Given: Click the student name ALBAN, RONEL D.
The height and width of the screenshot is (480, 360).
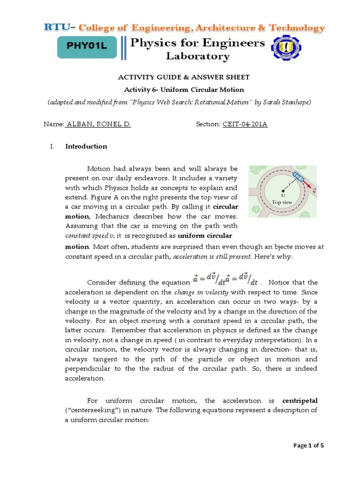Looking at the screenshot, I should pyautogui.click(x=98, y=124).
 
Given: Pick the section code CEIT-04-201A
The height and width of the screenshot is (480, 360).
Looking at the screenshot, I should pyautogui.click(x=244, y=124).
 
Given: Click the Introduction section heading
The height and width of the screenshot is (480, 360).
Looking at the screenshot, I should pyautogui.click(x=86, y=146).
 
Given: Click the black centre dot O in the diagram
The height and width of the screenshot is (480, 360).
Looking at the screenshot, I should pyautogui.click(x=283, y=191).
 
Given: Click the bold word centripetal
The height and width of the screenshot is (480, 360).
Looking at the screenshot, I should pyautogui.click(x=300, y=401).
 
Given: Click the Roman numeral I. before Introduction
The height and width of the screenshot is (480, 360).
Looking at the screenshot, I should pyautogui.click(x=52, y=146).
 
